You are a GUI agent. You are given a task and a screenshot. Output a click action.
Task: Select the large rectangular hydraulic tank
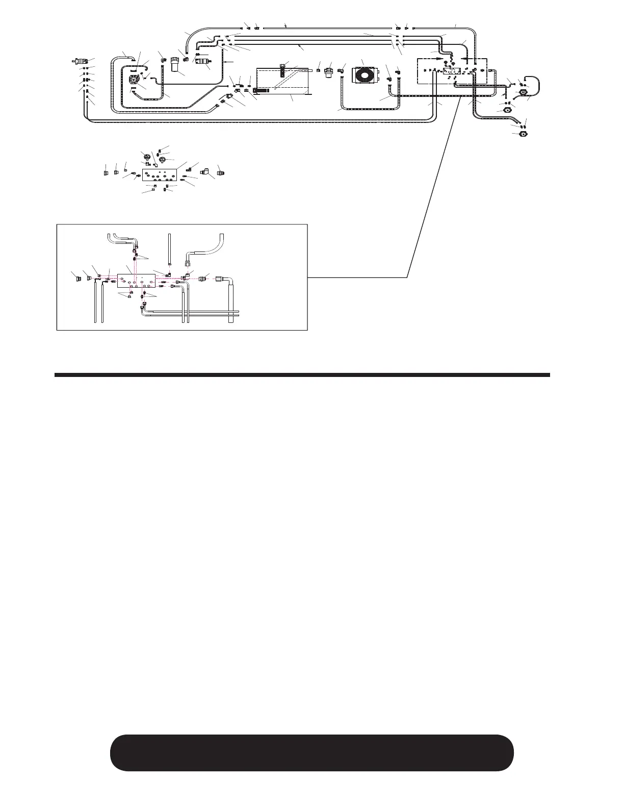[x=283, y=81]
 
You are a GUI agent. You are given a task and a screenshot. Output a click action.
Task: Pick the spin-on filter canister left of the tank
[x=177, y=65]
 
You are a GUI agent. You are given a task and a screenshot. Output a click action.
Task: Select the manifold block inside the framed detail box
[x=136, y=281]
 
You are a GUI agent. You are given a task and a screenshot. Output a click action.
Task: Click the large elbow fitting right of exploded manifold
[x=205, y=172]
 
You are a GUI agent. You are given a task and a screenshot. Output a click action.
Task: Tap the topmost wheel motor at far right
[x=523, y=93]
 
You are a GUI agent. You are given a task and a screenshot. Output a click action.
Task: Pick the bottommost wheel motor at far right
[x=522, y=134]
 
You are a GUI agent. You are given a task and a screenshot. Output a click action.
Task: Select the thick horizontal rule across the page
[x=302, y=375]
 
